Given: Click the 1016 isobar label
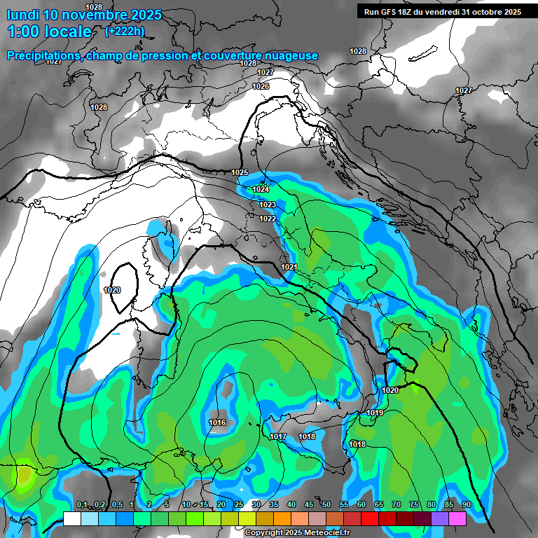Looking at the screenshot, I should (x=217, y=422).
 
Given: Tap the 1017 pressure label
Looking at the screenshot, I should (x=278, y=436).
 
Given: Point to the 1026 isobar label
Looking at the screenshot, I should (x=261, y=86).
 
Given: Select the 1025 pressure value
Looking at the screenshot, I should (x=240, y=172).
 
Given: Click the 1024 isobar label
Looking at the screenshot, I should (x=261, y=189).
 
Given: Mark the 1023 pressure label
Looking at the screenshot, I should (x=267, y=205).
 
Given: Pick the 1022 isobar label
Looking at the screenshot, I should (x=268, y=219).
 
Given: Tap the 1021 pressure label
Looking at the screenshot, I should (x=289, y=268).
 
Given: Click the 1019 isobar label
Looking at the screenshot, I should (x=375, y=413).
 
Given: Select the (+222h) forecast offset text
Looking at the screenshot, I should (x=125, y=31).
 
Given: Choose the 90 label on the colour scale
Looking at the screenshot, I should (x=466, y=504).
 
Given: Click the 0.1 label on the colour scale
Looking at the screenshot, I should (x=82, y=504).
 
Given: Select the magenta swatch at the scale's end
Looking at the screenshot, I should (x=457, y=518).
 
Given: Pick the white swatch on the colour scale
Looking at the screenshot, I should (x=72, y=518).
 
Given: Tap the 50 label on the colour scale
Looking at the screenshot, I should (x=326, y=504).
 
